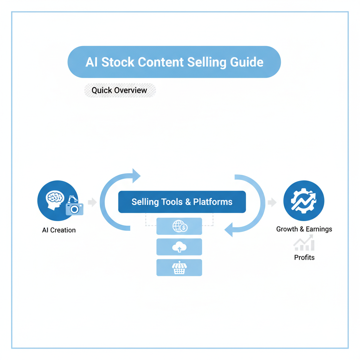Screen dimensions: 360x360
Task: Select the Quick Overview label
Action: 120,90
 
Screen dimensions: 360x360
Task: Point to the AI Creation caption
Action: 59,230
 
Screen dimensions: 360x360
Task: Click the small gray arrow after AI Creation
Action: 92,202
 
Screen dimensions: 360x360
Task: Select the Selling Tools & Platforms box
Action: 182,202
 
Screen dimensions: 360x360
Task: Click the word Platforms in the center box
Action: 213,202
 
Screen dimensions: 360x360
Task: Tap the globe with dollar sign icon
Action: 180,226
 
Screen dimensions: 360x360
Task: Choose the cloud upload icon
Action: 179,247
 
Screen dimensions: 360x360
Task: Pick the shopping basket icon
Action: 179,268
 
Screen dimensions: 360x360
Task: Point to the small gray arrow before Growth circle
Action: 272,202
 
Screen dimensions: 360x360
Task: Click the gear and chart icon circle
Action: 303,201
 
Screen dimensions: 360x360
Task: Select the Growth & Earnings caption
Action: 304,229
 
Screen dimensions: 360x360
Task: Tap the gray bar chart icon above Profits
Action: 304,244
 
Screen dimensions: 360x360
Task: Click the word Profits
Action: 304,258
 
